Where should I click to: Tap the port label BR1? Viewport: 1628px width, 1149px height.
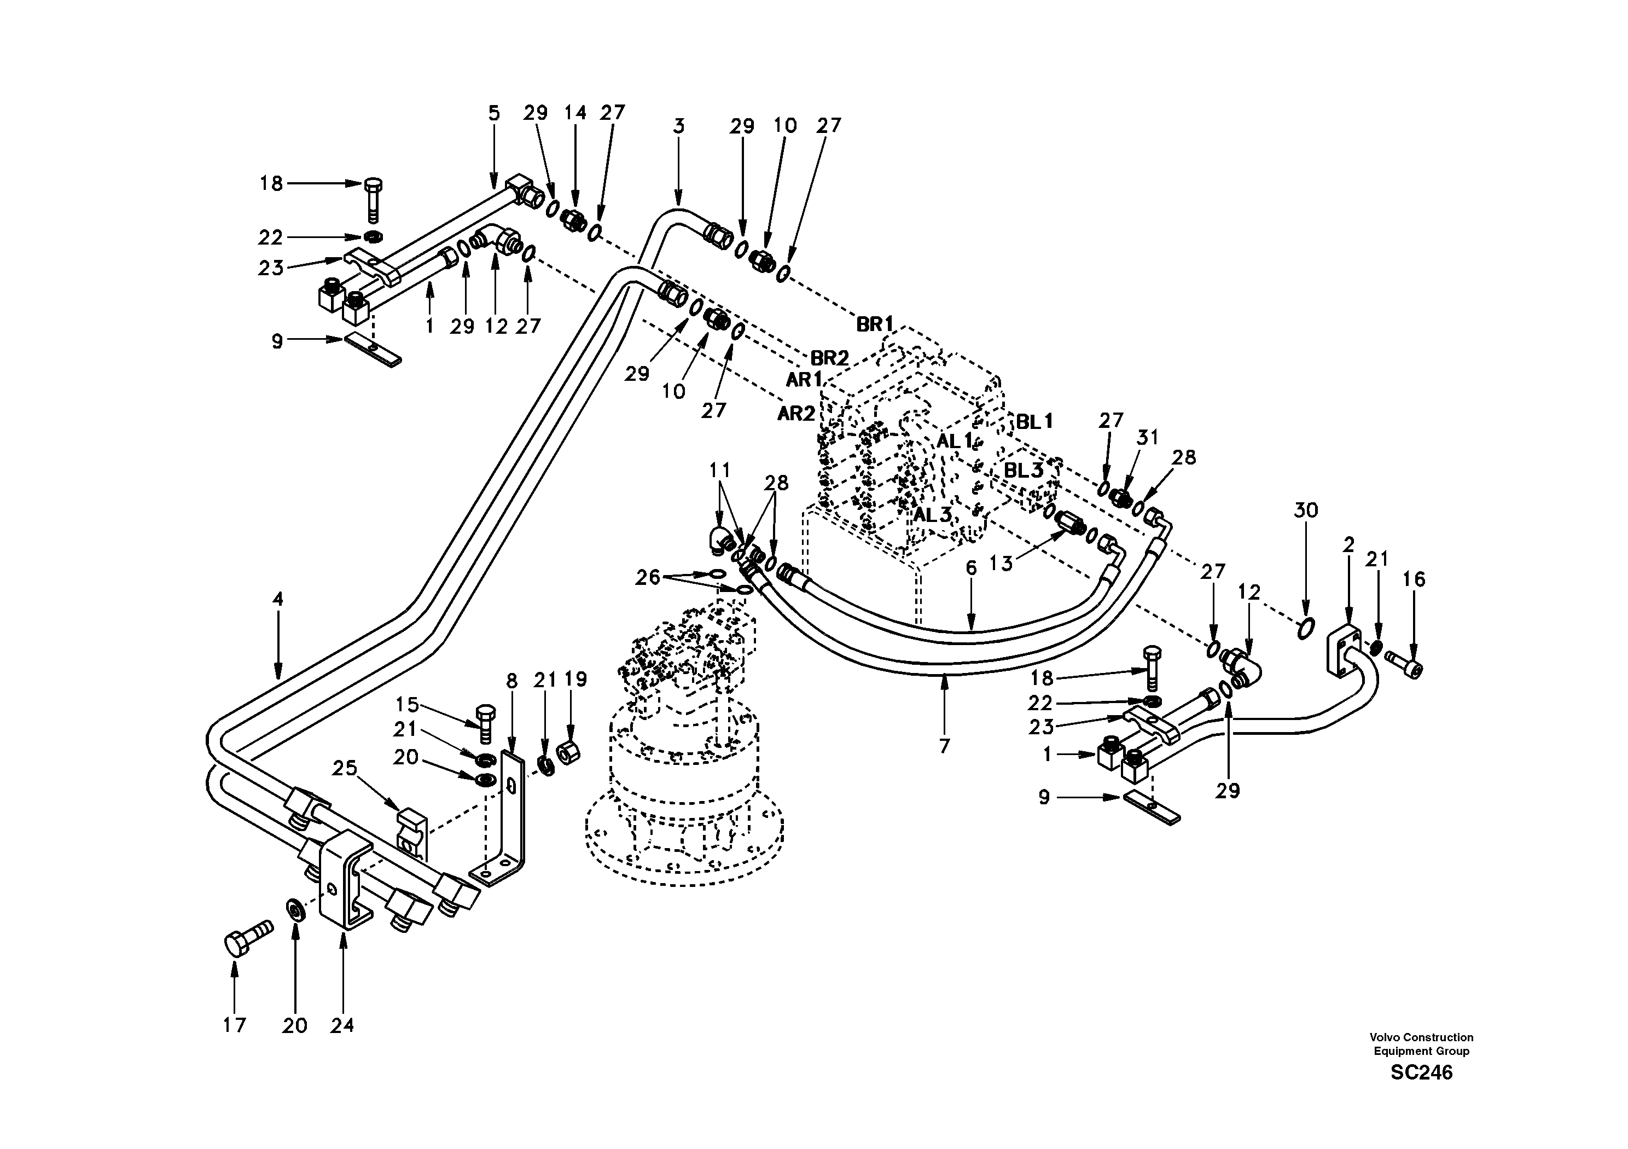tap(875, 324)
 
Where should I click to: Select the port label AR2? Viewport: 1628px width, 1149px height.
tap(795, 414)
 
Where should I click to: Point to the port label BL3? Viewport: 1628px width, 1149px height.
tap(1023, 470)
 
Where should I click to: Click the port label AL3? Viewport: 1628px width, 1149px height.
tap(931, 515)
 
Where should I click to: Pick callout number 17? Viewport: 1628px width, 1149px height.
tap(234, 1025)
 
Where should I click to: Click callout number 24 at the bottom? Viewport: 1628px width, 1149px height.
tap(342, 1025)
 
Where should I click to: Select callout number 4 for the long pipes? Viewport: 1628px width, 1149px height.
tap(277, 599)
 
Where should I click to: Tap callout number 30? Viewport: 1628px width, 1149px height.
tap(1305, 510)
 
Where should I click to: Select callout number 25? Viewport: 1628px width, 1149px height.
tap(345, 769)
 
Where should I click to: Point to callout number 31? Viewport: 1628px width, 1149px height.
tap(1147, 438)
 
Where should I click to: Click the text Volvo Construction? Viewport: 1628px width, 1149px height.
tap(1421, 1037)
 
